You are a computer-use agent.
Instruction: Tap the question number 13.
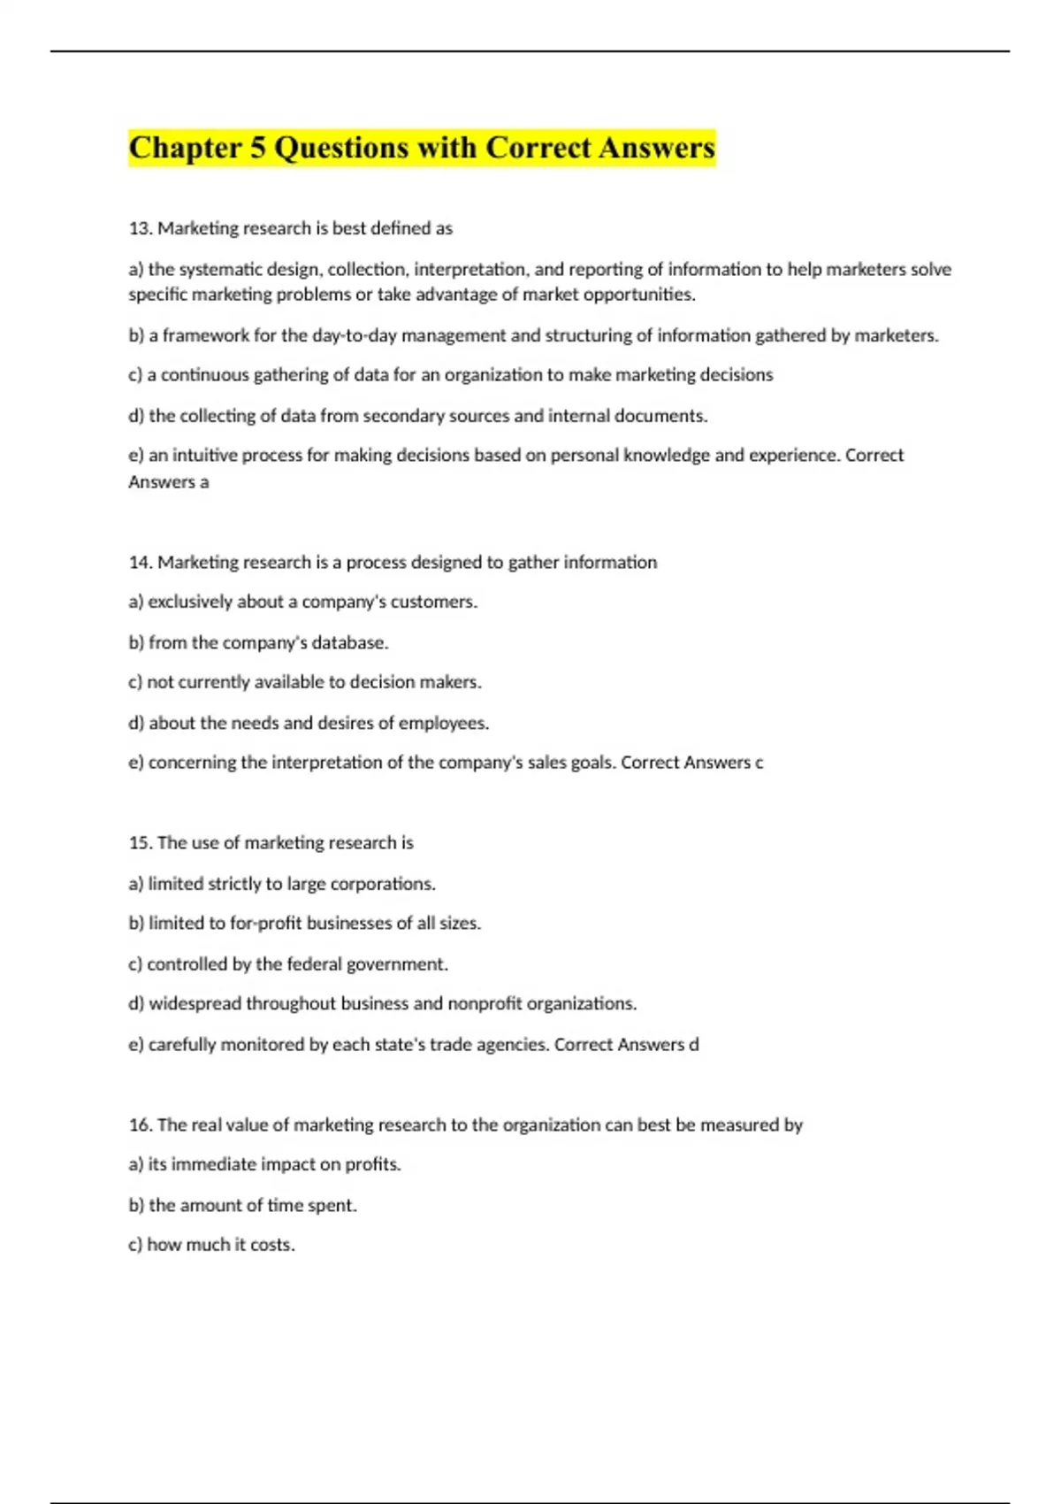tap(140, 228)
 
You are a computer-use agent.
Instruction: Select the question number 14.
tap(140, 562)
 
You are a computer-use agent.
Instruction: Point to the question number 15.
tap(140, 842)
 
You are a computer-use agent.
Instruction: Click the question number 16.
tap(140, 1124)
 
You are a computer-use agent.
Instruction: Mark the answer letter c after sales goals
tap(759, 763)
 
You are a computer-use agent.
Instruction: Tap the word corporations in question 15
tap(382, 884)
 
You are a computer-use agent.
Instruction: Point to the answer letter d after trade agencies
tap(694, 1045)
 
